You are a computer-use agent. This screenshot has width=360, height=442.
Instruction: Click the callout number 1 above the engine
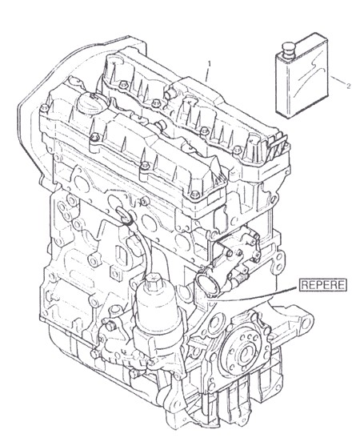coord(209,64)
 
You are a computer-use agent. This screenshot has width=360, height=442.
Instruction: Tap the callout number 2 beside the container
coord(349,86)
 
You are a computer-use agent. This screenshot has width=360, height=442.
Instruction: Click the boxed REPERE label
coord(323,285)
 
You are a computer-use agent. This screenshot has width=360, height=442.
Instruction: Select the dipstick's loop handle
coord(123,215)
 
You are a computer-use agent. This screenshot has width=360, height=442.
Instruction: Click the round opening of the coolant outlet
coord(209,285)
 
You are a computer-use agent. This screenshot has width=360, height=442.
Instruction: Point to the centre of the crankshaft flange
coord(246,352)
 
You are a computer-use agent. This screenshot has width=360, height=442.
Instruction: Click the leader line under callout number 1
coord(207,75)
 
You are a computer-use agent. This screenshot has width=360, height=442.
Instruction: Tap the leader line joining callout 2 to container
coord(338,79)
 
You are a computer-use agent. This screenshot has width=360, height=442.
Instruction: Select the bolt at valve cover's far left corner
coord(44,107)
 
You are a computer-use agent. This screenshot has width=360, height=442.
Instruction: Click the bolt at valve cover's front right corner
coord(194,194)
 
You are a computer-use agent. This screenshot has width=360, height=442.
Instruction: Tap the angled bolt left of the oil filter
coord(110,326)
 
